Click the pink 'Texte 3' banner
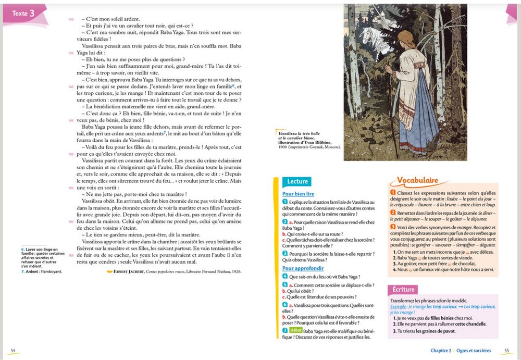24,14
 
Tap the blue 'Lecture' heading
297,181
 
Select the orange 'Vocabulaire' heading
416,180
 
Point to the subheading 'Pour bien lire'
298,194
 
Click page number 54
13,350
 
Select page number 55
506,350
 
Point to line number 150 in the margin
71,154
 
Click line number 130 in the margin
71,19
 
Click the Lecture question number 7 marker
284,330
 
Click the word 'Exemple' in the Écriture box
399,306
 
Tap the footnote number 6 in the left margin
22,250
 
